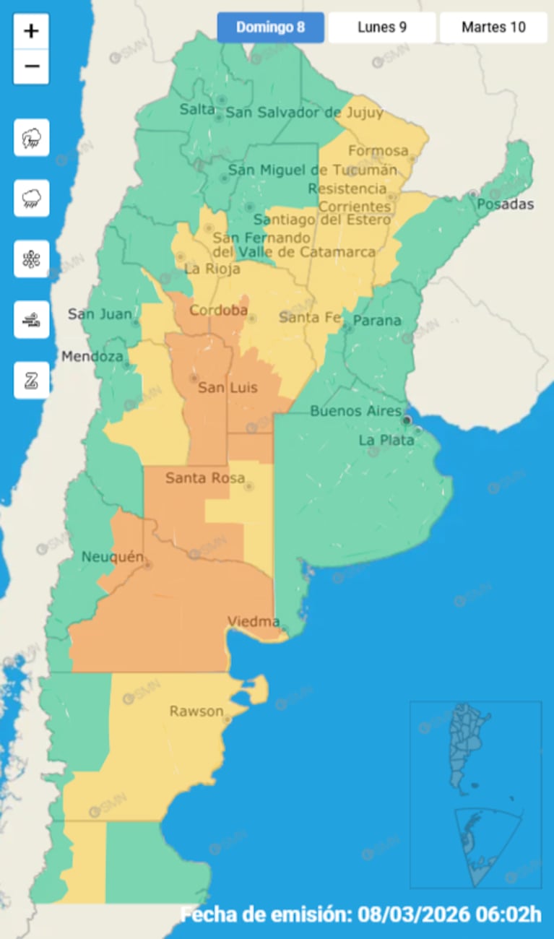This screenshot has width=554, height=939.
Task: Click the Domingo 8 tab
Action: (270, 28)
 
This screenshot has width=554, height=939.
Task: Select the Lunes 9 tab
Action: (381, 28)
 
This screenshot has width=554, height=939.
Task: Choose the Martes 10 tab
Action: (493, 28)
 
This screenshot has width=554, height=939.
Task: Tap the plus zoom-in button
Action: (31, 31)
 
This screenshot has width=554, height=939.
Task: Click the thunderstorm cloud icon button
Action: (31, 138)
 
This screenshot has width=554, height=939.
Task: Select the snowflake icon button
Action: (31, 259)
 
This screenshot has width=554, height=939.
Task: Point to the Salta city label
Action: (197, 109)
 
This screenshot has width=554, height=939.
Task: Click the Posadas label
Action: (505, 204)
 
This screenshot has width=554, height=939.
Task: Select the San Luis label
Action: (228, 388)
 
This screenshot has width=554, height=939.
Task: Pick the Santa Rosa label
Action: (205, 477)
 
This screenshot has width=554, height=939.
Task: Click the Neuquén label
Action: (113, 557)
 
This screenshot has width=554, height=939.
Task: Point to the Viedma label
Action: (254, 621)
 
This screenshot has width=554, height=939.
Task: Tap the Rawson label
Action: (196, 711)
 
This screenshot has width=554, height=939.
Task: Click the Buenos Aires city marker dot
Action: (407, 420)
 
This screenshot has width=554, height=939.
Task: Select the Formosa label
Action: (378, 151)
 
